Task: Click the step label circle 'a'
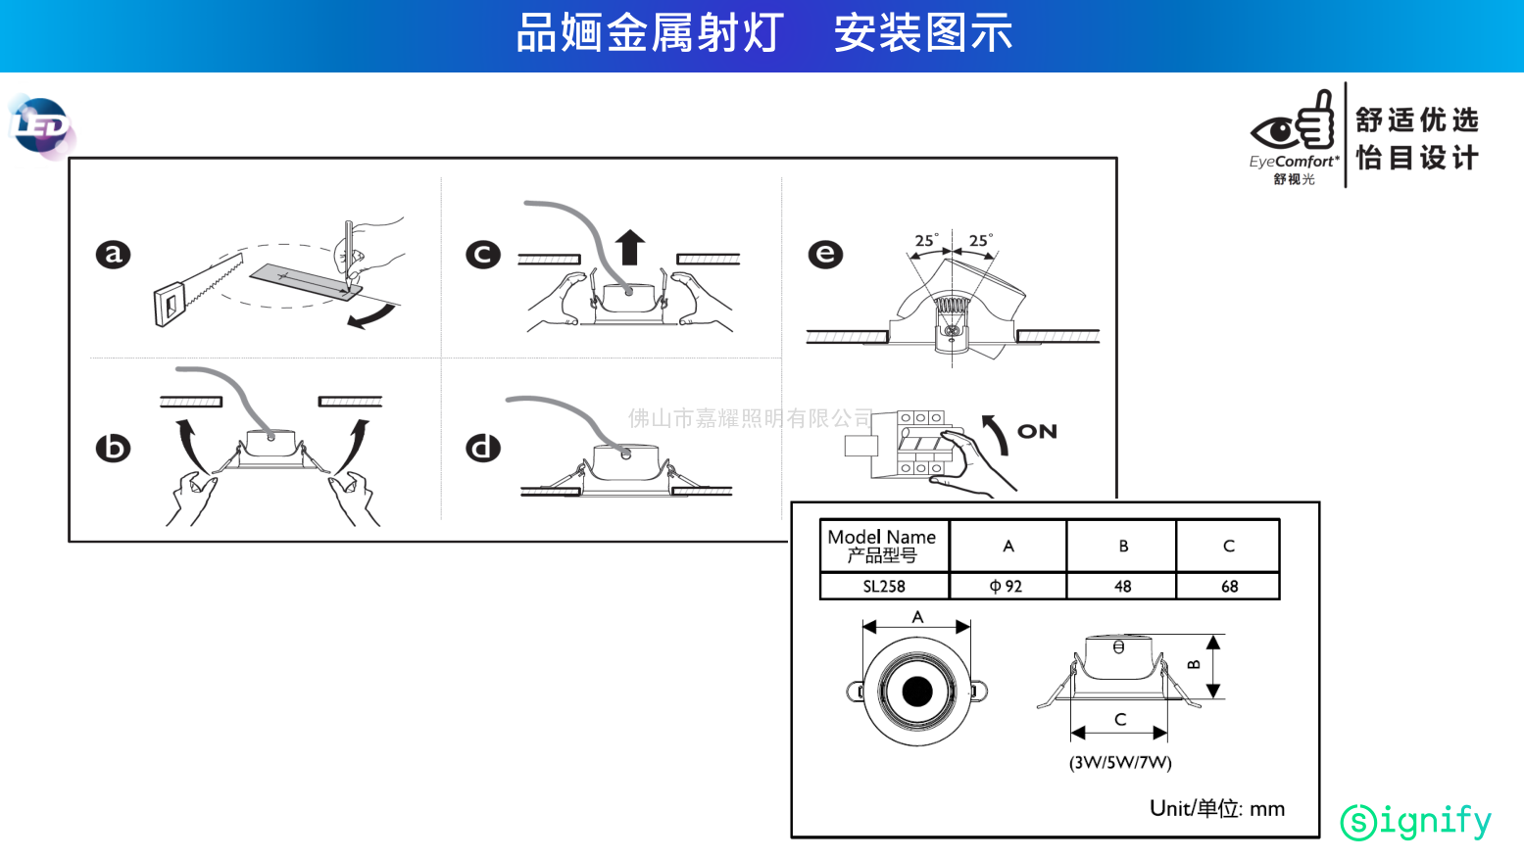click(113, 255)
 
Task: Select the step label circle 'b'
click(113, 448)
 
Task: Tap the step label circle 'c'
click(482, 255)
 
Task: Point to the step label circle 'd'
click(482, 448)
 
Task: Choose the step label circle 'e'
click(825, 255)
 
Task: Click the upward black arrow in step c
click(630, 248)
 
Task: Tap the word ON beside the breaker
click(1037, 432)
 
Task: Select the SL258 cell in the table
click(884, 586)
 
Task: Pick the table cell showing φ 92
click(1007, 586)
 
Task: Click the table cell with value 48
click(1122, 586)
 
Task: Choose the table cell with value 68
click(1229, 586)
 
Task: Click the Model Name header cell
click(882, 546)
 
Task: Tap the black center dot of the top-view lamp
click(917, 691)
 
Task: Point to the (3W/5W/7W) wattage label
click(1120, 762)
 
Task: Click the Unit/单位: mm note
click(1216, 808)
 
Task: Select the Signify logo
click(1415, 821)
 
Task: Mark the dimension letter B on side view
click(1194, 665)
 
